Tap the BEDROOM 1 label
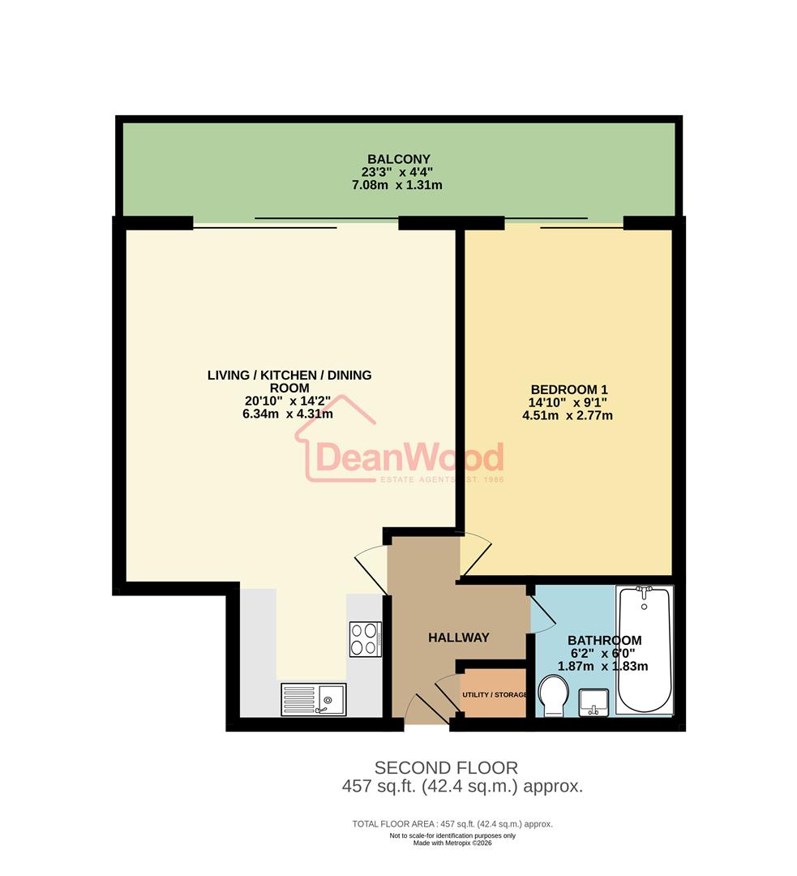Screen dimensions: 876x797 567,389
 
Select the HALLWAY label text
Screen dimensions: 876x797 458,638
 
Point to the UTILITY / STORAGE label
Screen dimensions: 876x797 495,695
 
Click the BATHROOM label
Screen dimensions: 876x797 604,640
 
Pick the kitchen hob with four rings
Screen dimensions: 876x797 366,638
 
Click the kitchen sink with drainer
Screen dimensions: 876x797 313,698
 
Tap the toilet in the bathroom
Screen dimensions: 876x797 555,698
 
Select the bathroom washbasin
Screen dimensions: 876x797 597,702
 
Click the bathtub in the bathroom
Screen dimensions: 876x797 644,648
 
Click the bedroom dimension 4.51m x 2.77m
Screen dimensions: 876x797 567,415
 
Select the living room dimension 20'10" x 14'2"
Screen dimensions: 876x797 289,401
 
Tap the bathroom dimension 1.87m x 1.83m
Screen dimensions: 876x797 602,666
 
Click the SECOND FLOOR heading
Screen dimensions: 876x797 445,767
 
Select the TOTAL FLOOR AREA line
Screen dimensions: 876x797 452,824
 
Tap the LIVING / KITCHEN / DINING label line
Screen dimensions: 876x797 289,375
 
